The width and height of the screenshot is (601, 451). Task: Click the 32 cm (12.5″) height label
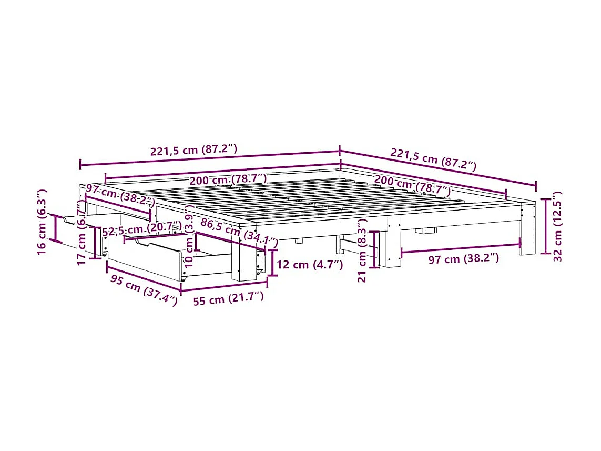(558, 226)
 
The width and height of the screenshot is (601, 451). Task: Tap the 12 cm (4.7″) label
(310, 265)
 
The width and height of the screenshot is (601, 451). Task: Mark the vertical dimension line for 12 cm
(272, 263)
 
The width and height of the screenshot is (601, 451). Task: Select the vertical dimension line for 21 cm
(374, 249)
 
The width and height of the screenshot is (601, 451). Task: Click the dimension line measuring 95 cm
(143, 278)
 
